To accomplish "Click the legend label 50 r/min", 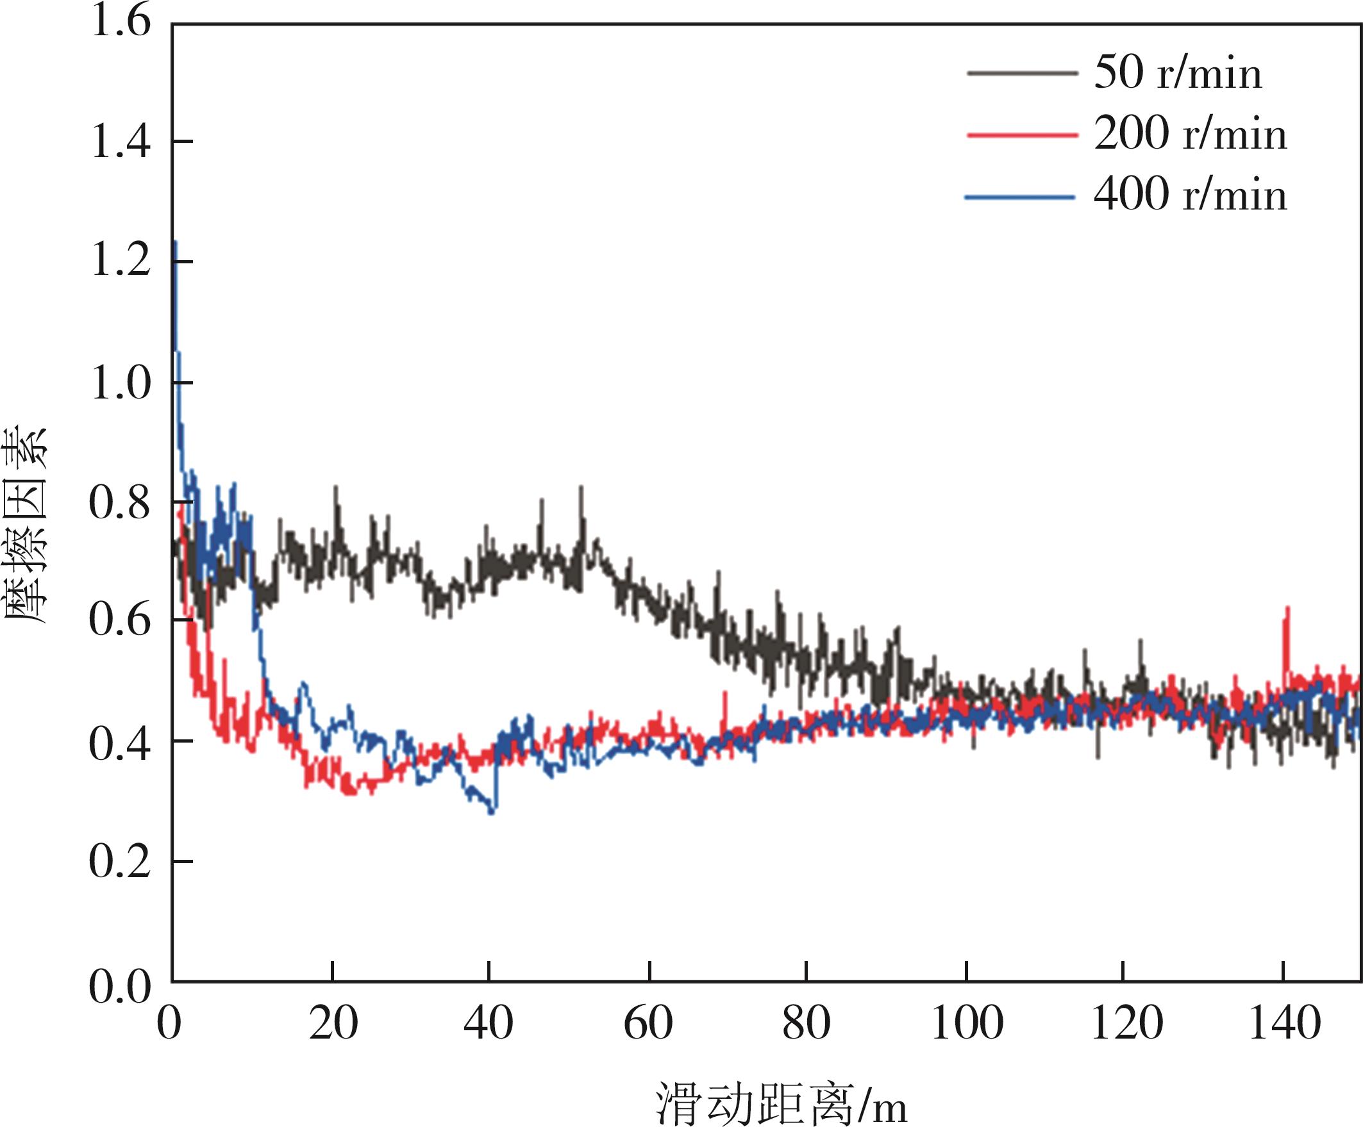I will point(1178,72).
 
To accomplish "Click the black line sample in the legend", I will point(1021,73).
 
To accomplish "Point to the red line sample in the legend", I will point(1021,135).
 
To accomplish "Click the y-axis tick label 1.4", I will point(120,142).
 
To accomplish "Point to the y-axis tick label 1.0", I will point(120,383).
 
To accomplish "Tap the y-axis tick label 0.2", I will point(120,862).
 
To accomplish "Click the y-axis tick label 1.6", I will point(120,21).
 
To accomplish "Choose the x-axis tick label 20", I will point(333,1024).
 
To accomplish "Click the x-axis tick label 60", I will point(648,1024).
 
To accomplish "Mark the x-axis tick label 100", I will point(967,1024).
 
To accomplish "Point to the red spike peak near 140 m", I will point(1287,609).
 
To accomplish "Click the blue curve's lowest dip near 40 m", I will point(491,812).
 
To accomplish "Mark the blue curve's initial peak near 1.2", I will point(175,242).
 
